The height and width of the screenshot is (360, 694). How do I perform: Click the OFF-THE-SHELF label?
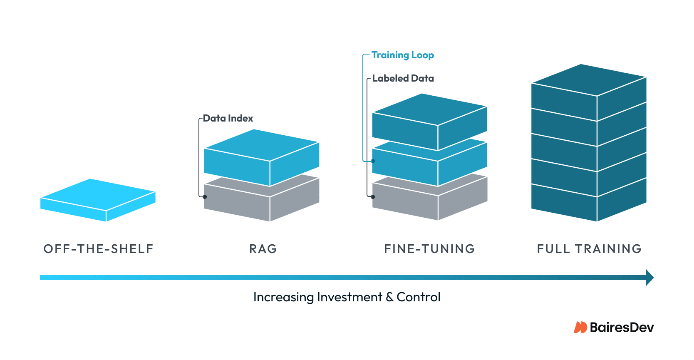click(99, 249)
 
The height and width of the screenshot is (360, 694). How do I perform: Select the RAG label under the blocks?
click(263, 249)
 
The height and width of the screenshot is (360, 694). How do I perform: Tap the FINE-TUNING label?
click(429, 249)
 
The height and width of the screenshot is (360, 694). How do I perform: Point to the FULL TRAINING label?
click(589, 249)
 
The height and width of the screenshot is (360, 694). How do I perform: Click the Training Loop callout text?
click(403, 55)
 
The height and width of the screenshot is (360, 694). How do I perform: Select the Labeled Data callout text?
click(403, 78)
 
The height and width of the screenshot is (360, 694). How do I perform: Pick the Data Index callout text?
click(228, 118)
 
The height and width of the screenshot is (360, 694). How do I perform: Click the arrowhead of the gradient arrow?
click(649, 278)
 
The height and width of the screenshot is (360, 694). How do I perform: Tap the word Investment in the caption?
click(349, 297)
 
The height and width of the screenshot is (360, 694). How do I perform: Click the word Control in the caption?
click(418, 297)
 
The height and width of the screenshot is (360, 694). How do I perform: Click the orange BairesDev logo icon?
click(580, 328)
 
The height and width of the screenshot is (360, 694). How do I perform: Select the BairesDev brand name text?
click(622, 328)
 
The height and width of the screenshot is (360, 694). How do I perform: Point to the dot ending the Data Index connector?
click(205, 196)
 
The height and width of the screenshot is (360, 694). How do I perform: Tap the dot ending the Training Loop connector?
click(373, 161)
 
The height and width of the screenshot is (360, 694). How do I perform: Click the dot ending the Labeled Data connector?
click(373, 196)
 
